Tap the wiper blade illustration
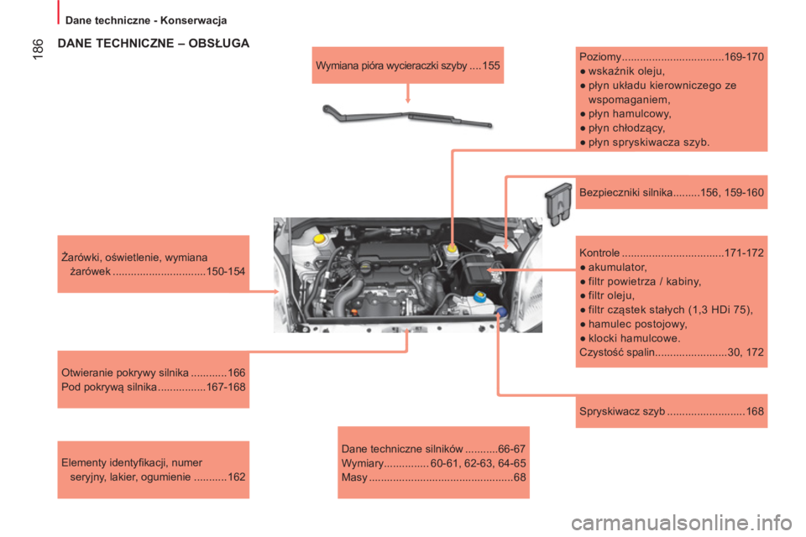point(406,116)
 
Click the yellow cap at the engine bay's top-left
point(320,238)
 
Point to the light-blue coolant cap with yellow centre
point(479,296)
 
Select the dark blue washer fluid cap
point(501,311)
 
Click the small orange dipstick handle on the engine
point(353,311)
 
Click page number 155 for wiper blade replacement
point(491,65)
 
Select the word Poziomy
point(600,57)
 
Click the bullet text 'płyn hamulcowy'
point(630,113)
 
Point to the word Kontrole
point(599,253)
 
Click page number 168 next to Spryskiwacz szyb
point(755,411)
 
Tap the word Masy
point(354,477)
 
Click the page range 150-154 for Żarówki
point(226,271)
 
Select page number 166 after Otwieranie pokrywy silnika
point(237,373)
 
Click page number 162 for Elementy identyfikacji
point(237,477)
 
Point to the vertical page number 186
point(39,50)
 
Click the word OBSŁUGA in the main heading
point(219,43)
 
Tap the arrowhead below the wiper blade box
point(408,100)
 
